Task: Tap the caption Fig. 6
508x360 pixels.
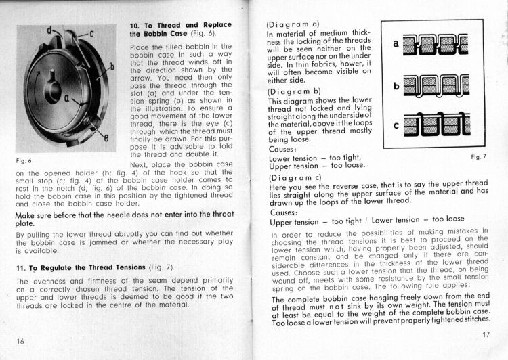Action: (24, 162)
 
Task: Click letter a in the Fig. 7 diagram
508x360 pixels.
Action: (395, 44)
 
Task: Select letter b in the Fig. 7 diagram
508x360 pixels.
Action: (395, 86)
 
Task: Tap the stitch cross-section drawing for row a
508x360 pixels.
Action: (435, 45)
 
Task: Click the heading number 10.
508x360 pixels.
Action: (135, 25)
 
